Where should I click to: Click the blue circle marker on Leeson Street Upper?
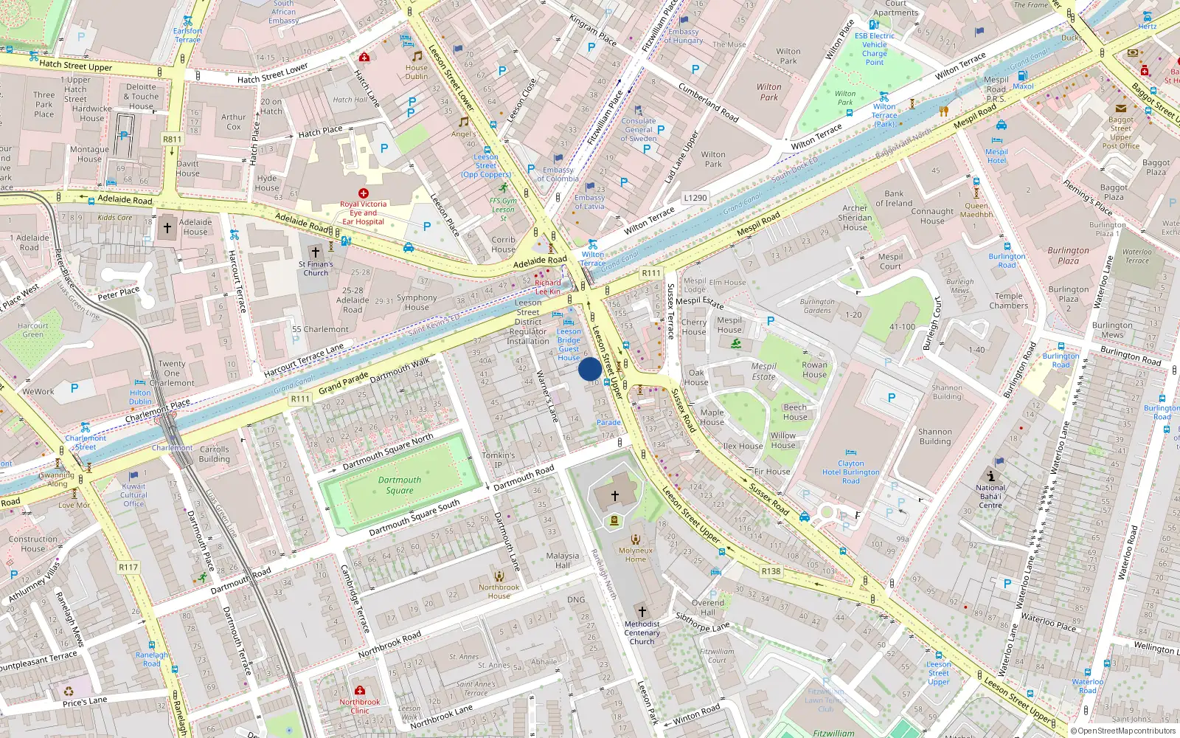(589, 369)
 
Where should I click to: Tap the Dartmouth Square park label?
(400, 485)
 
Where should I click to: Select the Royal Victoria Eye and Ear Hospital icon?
(364, 193)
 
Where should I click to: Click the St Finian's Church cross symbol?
(316, 252)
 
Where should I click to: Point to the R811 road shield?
(172, 139)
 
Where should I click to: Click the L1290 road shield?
(695, 198)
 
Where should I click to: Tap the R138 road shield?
(771, 571)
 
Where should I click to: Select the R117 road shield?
(128, 567)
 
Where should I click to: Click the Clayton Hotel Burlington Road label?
(851, 472)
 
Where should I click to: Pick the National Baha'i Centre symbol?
(990, 476)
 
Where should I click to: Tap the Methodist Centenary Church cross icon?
(642, 611)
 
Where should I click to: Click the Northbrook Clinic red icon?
(360, 691)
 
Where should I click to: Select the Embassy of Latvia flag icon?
(590, 187)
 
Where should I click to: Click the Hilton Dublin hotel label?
(140, 397)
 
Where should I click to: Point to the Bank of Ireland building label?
(894, 199)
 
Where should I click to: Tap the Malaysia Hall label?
(563, 560)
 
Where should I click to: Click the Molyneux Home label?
(636, 554)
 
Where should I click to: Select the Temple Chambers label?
(1008, 300)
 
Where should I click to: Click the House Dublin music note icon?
(417, 56)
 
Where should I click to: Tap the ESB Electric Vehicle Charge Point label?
(875, 49)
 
